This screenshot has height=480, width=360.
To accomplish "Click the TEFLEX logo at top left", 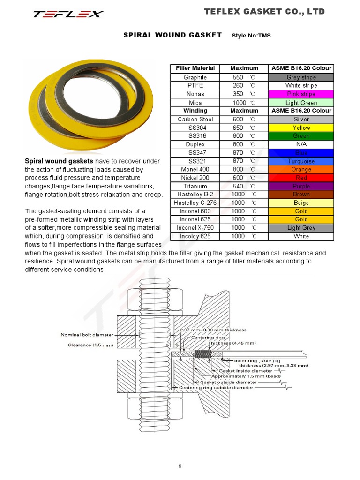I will pyautogui.click(x=68, y=14).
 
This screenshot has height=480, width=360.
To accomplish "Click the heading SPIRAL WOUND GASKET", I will pyautogui.click(x=172, y=35).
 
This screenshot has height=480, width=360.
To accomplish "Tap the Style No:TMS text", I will pyautogui.click(x=251, y=36).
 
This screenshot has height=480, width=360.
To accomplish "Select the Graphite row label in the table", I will pyautogui.click(x=195, y=77).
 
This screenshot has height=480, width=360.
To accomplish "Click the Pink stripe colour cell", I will pyautogui.click(x=301, y=94).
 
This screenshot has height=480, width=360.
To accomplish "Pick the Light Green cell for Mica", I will pyautogui.click(x=301, y=103).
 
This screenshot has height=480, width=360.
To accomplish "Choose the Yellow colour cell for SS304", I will pyautogui.click(x=301, y=127).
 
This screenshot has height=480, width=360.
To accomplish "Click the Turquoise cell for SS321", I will pyautogui.click(x=301, y=161).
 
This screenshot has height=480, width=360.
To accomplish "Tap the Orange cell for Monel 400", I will pyautogui.click(x=301, y=169).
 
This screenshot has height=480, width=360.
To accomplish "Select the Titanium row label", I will pyautogui.click(x=195, y=186).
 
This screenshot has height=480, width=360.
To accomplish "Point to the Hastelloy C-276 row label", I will pyautogui.click(x=195, y=203).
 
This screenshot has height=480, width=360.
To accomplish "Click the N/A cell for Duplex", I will pyautogui.click(x=301, y=144).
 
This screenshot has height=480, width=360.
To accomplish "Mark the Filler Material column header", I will pyautogui.click(x=195, y=68).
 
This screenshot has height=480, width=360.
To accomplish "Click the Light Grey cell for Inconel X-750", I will pyautogui.click(x=301, y=228).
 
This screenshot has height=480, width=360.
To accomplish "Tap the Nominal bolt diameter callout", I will pyautogui.click(x=87, y=335).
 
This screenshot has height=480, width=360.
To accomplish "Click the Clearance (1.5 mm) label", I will pyautogui.click(x=87, y=345).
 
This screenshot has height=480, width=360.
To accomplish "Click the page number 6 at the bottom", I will pyautogui.click(x=180, y=466).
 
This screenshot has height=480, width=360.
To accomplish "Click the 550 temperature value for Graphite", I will pyautogui.click(x=238, y=77).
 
